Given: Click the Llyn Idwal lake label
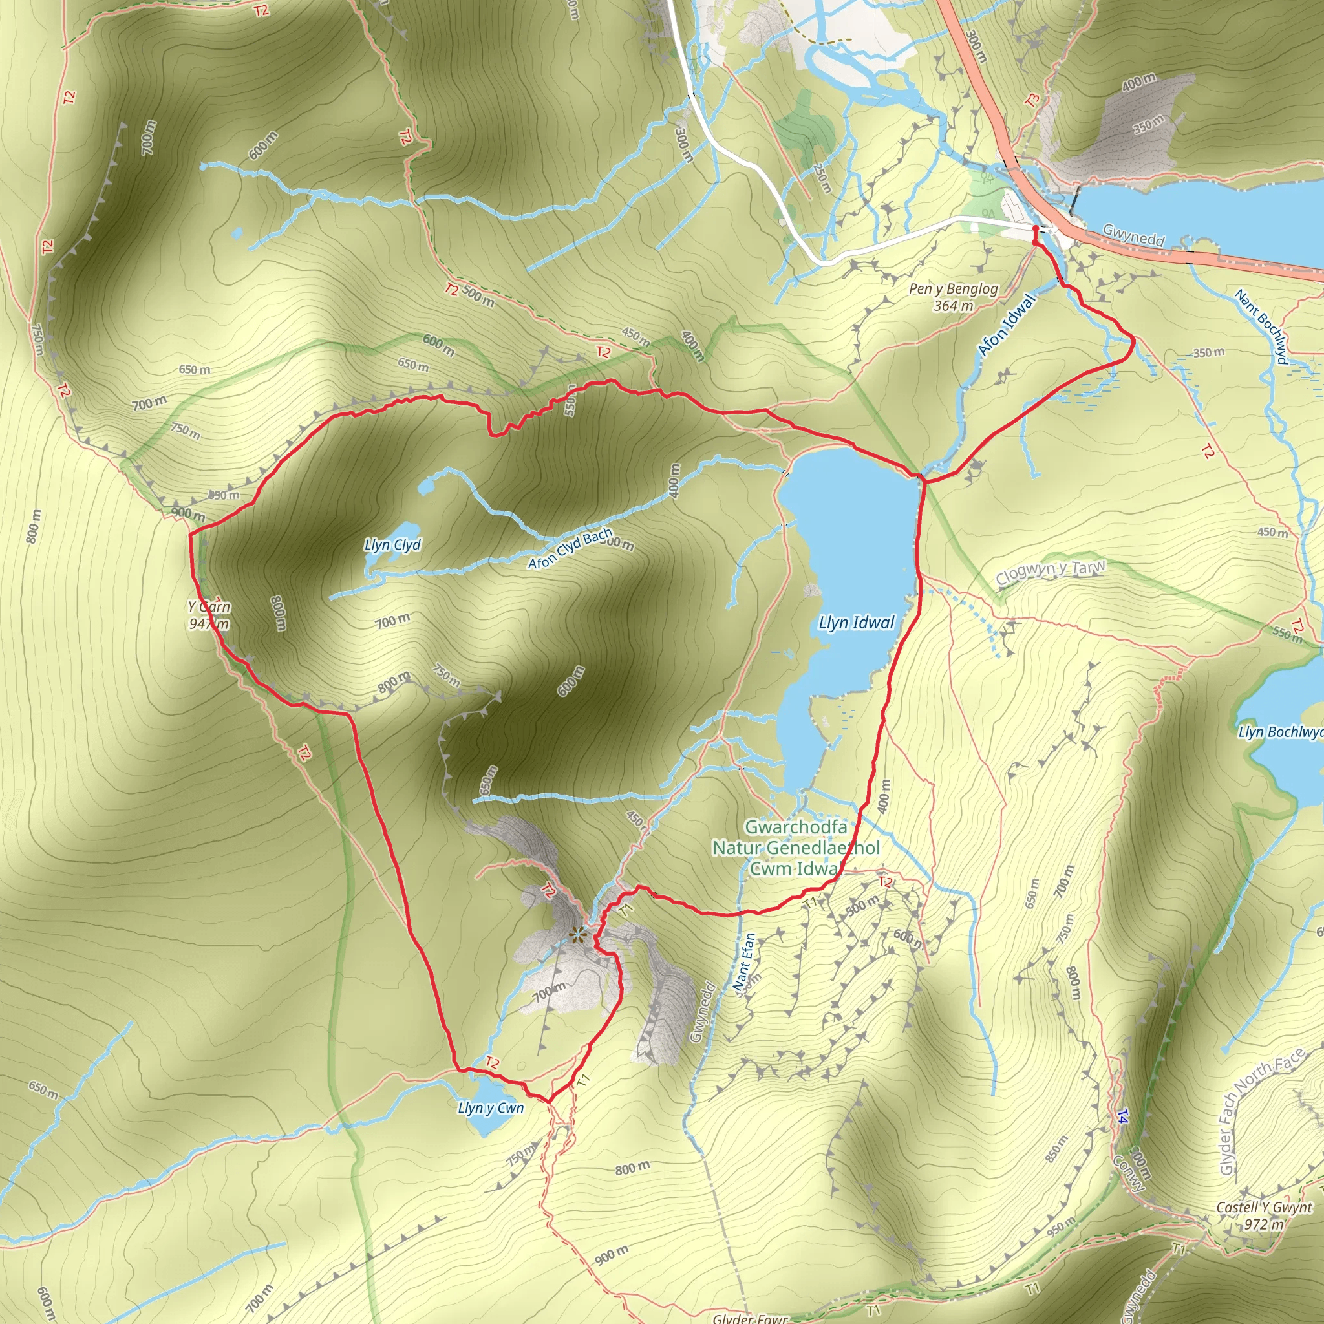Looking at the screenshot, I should point(857,623).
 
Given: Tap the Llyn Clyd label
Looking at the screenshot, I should point(392,545).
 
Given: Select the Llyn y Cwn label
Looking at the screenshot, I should point(491,1108).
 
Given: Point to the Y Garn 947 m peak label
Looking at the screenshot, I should point(209,615).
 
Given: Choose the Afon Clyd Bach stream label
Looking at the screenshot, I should point(570,548).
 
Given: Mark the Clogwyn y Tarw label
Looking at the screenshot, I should point(1051,573).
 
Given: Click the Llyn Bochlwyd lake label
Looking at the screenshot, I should point(1280,732).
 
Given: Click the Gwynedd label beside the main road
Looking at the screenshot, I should point(1133,235).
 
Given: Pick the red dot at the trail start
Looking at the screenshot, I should point(1035,228).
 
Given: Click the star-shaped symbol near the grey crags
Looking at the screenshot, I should point(578,934).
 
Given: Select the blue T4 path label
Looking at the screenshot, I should point(1122,1117).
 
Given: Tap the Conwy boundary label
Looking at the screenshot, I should point(1128,1174).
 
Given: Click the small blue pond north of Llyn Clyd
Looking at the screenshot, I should point(426,487).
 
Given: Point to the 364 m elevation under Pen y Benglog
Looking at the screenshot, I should point(954,306).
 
